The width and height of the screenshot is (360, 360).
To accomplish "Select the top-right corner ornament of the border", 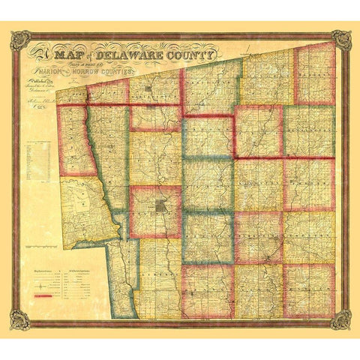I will pyautogui.click(x=342, y=40).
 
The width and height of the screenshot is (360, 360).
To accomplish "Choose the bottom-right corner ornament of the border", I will pyautogui.click(x=342, y=319).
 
